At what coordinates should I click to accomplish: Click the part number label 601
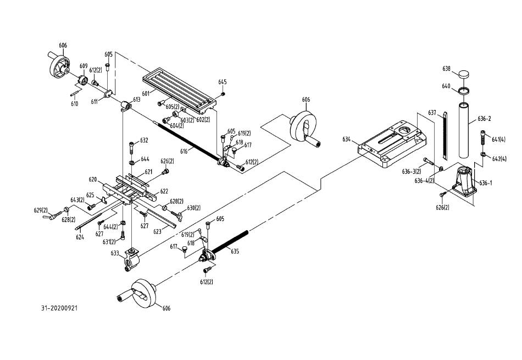coord(145,93)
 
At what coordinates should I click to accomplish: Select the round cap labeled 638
coord(464,74)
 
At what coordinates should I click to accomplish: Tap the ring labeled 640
coord(463,90)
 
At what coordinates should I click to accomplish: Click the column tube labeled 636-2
coord(464,130)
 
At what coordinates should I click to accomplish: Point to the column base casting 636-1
coord(464,181)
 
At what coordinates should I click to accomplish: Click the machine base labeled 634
coord(392,143)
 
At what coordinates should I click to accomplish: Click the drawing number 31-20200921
coord(59,308)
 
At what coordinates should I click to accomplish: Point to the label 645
coord(223,82)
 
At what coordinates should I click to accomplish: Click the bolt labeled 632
coord(131,147)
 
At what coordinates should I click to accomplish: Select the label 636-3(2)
coord(412,171)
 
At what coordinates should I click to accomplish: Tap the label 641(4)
coord(498,140)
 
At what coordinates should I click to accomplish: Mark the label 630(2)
coord(194,208)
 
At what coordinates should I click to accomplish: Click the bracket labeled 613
coord(125,106)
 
